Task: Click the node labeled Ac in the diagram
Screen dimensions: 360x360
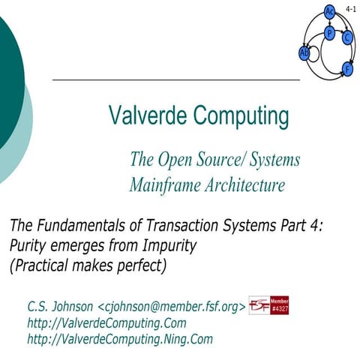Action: click(329, 11)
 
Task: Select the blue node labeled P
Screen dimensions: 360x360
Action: click(329, 33)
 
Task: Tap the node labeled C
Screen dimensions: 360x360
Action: click(346, 37)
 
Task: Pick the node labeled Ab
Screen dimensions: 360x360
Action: click(304, 52)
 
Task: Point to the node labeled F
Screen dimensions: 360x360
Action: click(346, 69)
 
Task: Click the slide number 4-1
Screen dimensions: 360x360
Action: click(351, 8)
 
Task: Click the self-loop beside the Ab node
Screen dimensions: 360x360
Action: click(317, 53)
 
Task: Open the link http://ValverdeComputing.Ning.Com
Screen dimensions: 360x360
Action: click(120, 339)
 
